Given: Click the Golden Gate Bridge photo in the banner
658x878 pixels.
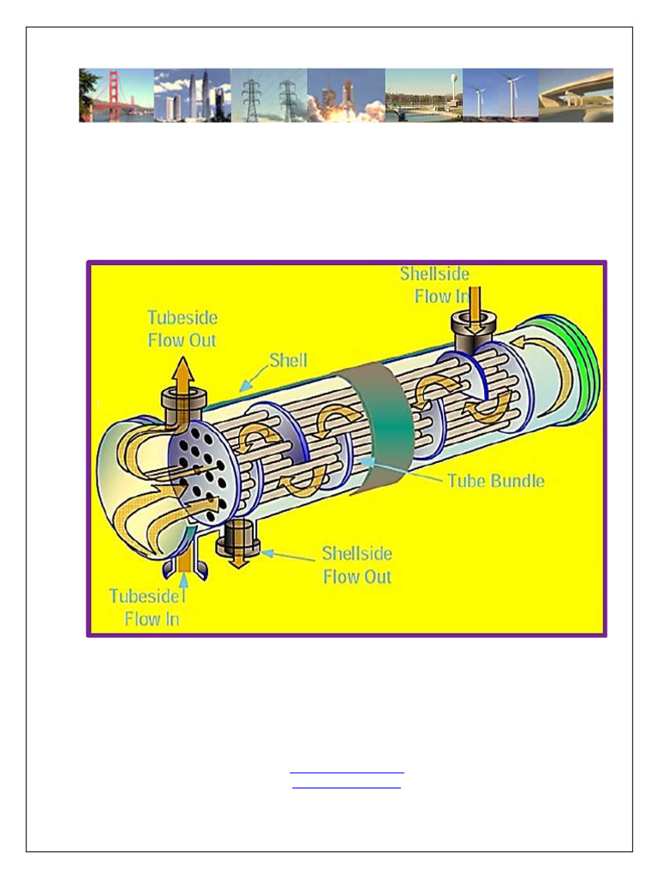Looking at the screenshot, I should point(117,95).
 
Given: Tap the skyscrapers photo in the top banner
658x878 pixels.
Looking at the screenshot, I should point(192,95).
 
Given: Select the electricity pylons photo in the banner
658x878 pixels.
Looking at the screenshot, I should point(269,95).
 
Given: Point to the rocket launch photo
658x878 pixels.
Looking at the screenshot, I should point(346,95).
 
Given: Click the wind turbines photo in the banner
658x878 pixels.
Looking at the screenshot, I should point(500,95).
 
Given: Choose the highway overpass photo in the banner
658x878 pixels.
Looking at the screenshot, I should point(576,95).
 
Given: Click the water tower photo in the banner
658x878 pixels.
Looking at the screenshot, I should point(423,95).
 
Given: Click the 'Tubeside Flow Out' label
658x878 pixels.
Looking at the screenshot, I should point(182,329).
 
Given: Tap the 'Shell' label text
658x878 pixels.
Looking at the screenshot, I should point(289,360).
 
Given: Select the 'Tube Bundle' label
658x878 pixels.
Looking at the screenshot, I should point(496,480).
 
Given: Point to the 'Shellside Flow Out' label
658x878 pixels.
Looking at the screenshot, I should point(356,565).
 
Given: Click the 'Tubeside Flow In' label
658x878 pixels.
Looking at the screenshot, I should point(144,607).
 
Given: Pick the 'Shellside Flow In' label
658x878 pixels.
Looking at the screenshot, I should point(435,285).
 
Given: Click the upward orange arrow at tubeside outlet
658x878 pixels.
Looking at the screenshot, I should point(183,377).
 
